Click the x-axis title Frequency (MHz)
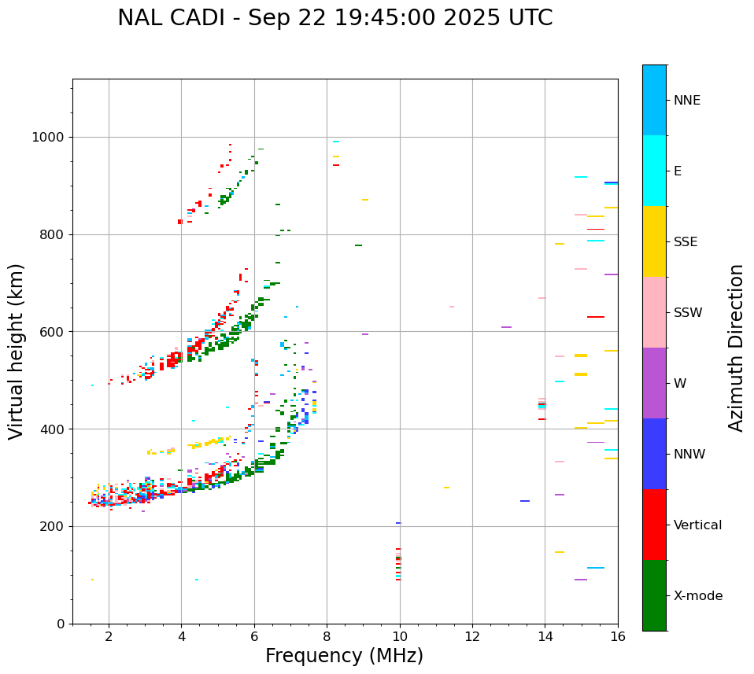(x=344, y=656)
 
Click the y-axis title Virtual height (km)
(x=17, y=351)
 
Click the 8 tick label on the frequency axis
(x=327, y=636)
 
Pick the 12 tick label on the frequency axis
(x=472, y=636)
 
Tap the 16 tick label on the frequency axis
(x=618, y=636)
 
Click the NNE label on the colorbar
(x=686, y=101)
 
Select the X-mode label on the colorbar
(x=697, y=596)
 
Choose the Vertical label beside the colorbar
(x=697, y=525)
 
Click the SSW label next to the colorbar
(x=688, y=313)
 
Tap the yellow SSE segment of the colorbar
(x=654, y=241)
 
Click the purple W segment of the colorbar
(x=654, y=383)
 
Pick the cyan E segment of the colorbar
(x=654, y=171)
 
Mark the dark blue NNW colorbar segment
(x=654, y=454)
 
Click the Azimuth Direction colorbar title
(x=736, y=348)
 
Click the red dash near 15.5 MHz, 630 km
(x=596, y=317)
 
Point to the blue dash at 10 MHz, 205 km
(x=398, y=523)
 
